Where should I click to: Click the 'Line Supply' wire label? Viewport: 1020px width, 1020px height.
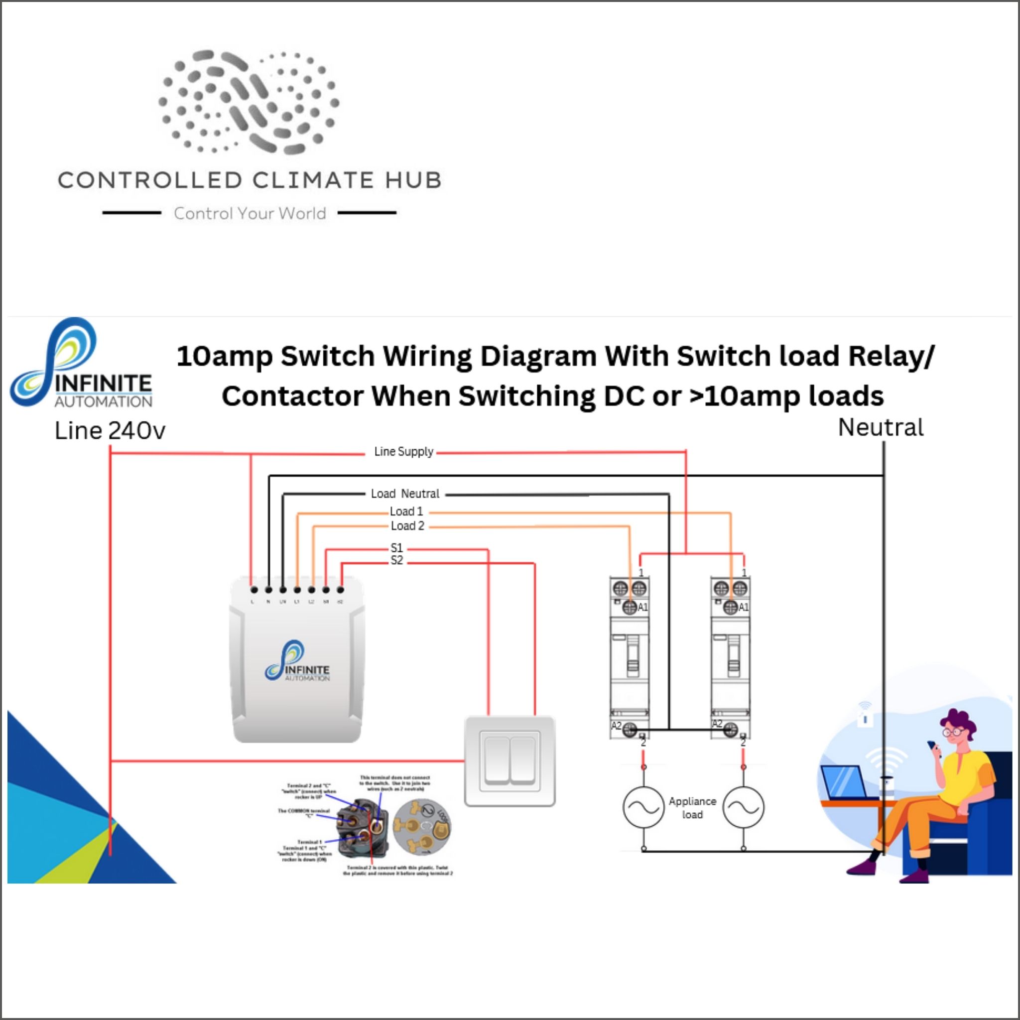(x=404, y=451)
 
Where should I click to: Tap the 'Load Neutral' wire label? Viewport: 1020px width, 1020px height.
(x=405, y=494)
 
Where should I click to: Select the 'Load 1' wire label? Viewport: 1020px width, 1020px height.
(x=406, y=511)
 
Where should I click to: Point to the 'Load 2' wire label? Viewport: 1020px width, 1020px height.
(x=407, y=526)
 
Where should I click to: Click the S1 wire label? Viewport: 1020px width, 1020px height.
(x=396, y=547)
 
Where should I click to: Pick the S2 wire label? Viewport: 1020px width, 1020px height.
(x=396, y=560)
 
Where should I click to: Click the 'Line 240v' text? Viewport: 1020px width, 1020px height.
(x=110, y=431)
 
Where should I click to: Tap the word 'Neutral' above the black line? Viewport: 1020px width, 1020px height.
(x=881, y=428)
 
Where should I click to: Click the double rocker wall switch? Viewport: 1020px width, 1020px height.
(x=510, y=761)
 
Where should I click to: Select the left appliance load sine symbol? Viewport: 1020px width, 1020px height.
(x=643, y=807)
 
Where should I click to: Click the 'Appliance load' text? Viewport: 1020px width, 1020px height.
(x=692, y=808)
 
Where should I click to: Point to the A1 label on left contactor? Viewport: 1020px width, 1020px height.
(x=642, y=607)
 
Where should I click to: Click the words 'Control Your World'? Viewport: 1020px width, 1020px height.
(x=250, y=213)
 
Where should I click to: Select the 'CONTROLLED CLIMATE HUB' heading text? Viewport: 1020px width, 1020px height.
(x=249, y=181)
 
